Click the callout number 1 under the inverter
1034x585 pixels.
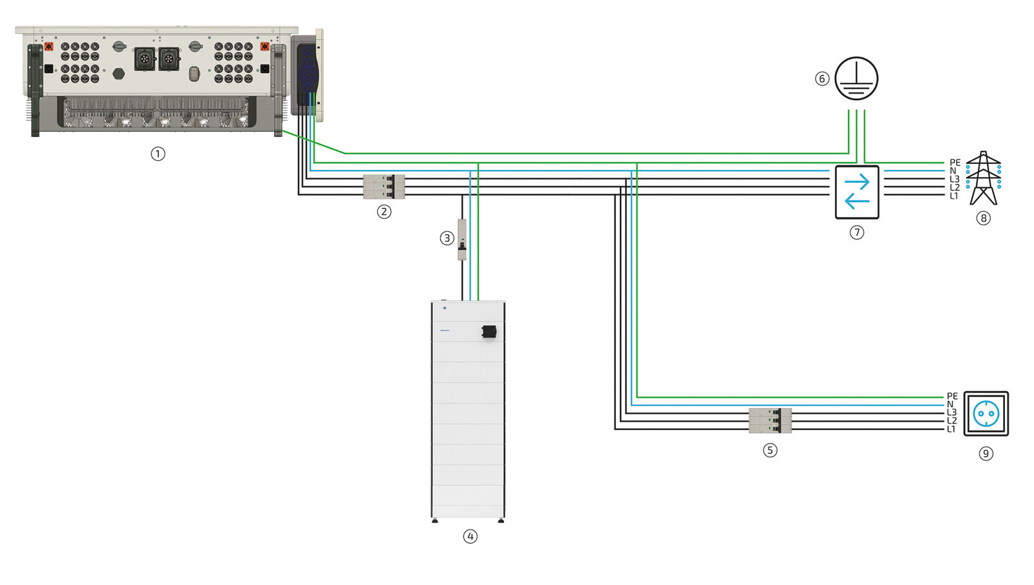[158, 154]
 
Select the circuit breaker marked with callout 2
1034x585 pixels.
[384, 187]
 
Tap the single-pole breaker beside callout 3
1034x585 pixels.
[462, 240]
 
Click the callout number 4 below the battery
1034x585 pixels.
[470, 536]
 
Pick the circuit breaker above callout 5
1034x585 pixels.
[770, 420]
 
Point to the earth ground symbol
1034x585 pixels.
[856, 78]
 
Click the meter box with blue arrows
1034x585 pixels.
[857, 192]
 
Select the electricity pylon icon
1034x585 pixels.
[983, 178]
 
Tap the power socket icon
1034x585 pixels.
[986, 413]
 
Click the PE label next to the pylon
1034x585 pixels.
[955, 163]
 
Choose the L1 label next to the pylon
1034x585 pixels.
[955, 196]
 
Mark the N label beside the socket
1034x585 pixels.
[950, 404]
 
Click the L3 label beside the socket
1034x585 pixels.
[951, 413]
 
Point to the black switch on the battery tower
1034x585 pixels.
[489, 332]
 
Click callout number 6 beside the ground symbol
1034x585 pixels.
[822, 79]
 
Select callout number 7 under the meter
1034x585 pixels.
[857, 232]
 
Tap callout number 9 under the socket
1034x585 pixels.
[986, 453]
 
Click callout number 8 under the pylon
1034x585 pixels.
[983, 218]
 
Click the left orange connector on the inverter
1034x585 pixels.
[48, 47]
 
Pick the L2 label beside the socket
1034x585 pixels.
[951, 421]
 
